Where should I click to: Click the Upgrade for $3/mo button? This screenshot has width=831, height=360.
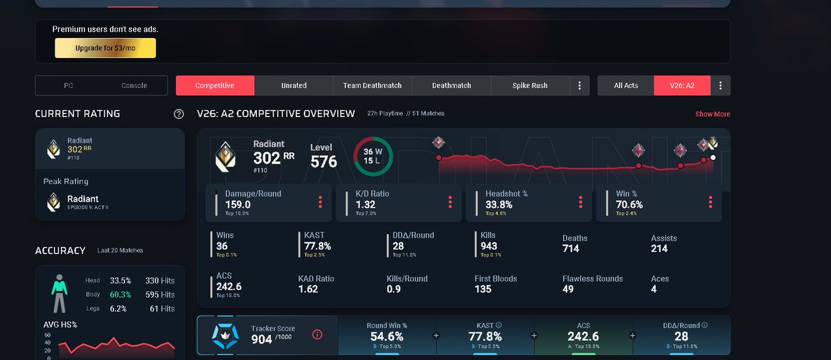pos(105,48)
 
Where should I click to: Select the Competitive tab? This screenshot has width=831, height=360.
pos(215,86)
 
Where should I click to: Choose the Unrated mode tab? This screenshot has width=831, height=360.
pos(294,86)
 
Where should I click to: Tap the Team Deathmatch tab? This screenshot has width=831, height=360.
pos(373,86)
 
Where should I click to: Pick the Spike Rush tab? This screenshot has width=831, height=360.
pos(530,86)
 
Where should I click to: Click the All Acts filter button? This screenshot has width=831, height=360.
pos(626,86)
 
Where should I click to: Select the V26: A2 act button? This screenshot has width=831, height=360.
pos(682,86)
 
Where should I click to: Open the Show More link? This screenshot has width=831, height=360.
pos(713,114)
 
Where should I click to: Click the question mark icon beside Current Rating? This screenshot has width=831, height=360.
pos(179,114)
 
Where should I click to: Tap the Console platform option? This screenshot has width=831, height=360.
pos(134,86)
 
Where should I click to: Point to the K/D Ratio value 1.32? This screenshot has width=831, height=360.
pos(366,205)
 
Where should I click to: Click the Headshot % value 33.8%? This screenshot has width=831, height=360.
pos(499,205)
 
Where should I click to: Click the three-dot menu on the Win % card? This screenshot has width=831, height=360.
pos(711,202)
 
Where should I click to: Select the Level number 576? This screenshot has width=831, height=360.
pos(323,161)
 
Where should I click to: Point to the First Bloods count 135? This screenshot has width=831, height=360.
pos(483,289)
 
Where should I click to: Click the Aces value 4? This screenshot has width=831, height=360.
pos(654,289)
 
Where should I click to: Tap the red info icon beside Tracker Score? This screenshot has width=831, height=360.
pos(317,335)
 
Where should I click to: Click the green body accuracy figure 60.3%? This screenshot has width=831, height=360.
pos(120,295)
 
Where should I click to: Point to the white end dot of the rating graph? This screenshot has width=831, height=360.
pos(713,158)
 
